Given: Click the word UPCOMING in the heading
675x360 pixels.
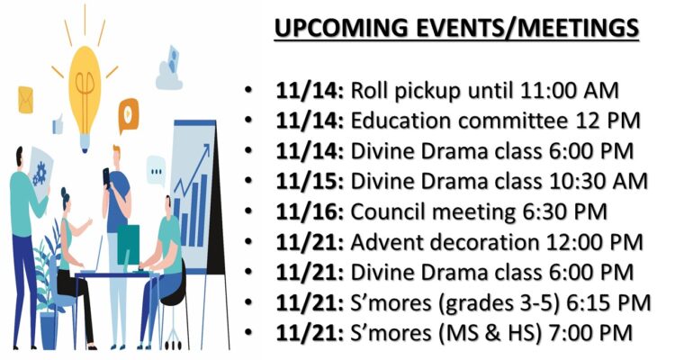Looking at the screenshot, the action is (x=342, y=28).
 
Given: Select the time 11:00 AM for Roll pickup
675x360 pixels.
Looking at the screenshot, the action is (x=569, y=91).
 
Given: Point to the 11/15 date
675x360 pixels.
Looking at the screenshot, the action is (x=310, y=182).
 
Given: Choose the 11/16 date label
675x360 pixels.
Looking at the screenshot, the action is (x=310, y=211).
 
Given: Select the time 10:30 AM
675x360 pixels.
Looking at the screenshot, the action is (x=598, y=182).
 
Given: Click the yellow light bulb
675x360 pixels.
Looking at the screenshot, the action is (x=85, y=97).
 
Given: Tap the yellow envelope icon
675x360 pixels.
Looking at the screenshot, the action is (x=25, y=100).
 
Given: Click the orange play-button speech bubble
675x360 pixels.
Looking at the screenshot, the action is (x=129, y=113).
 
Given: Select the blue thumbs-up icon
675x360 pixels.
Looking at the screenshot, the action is (x=58, y=124).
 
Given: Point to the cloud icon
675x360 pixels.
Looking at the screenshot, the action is (x=169, y=69).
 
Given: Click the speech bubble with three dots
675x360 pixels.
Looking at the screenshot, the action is (x=156, y=170).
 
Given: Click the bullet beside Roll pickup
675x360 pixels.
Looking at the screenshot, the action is (x=248, y=91).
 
